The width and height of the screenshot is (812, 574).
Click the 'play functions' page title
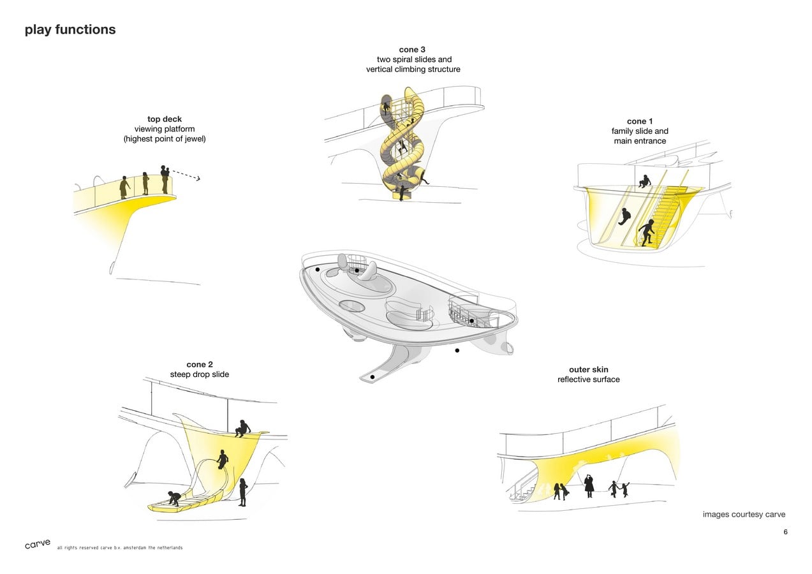[70, 30]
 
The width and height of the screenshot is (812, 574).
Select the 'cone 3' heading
[412, 50]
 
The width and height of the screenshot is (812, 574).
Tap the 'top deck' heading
[164, 119]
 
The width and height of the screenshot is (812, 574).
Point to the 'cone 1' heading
[639, 121]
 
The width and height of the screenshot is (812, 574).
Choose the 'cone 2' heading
[200, 365]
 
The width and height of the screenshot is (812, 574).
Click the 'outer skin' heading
[588, 370]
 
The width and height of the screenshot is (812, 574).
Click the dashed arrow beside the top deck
[186, 175]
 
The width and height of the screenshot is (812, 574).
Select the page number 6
[785, 532]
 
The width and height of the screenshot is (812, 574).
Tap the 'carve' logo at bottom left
[38, 544]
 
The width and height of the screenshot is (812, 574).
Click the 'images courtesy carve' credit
[744, 515]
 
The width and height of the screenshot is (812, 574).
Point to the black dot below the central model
[457, 350]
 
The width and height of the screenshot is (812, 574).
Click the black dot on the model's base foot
[373, 377]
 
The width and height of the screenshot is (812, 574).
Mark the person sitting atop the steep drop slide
[242, 429]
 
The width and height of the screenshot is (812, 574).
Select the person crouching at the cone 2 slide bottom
[174, 498]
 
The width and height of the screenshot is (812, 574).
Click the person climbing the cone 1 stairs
[646, 233]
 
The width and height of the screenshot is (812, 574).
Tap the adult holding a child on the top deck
[165, 179]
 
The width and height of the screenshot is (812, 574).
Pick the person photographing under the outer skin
[589, 486]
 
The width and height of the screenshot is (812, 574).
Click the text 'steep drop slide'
[200, 374]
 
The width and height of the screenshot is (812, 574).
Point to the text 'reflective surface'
[588, 379]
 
